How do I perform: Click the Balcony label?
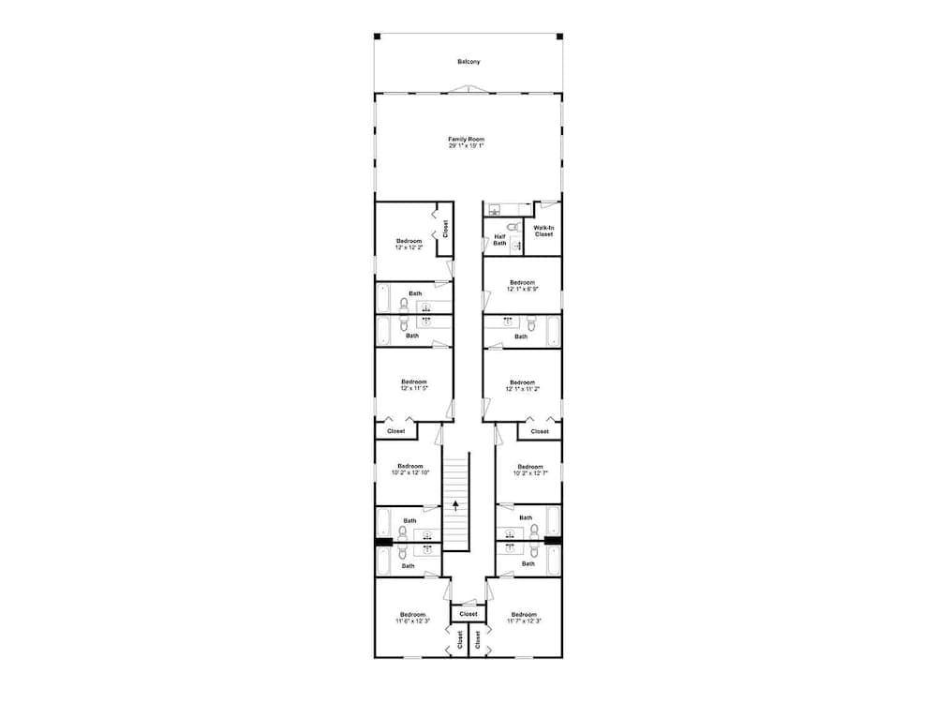(468, 62)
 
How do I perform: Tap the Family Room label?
(466, 140)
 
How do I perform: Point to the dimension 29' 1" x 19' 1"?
(466, 146)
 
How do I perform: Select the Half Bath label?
(499, 240)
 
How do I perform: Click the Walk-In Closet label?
(543, 231)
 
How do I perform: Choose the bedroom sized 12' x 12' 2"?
(409, 245)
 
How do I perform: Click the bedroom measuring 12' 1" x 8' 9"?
(522, 286)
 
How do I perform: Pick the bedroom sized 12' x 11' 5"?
(414, 384)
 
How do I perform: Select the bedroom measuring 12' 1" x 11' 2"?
(522, 384)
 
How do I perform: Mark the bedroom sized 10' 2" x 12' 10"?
(409, 470)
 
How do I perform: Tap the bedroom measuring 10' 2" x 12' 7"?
(529, 470)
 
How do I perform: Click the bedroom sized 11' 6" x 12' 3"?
(411, 618)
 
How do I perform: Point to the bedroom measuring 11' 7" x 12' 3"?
(524, 618)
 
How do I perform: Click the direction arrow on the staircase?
(455, 505)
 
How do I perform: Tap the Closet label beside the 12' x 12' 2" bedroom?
(445, 229)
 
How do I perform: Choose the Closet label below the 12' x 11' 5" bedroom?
(396, 431)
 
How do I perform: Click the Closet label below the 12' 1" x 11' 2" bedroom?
(540, 431)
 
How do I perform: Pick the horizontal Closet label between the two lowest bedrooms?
(468, 614)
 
